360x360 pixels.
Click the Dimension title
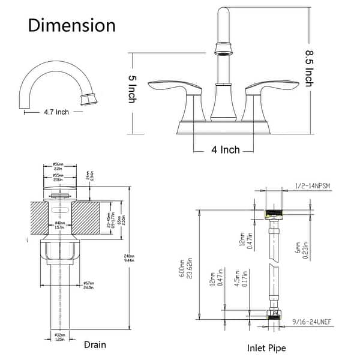click(x=71, y=25)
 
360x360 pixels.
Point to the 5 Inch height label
click(x=133, y=93)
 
